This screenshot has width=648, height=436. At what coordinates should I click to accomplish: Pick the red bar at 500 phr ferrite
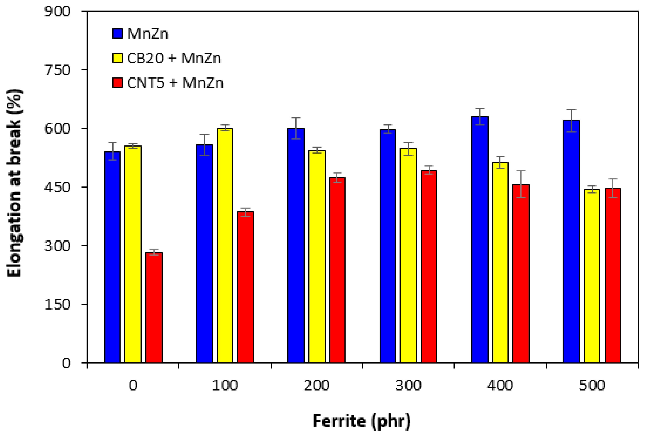tap(613, 275)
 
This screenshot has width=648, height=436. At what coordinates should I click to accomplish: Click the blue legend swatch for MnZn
tap(118, 33)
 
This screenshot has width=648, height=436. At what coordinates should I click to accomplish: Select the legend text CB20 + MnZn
tap(174, 58)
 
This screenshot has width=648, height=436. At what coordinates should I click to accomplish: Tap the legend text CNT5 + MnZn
tap(175, 83)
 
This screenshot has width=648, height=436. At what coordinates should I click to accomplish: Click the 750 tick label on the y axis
tap(57, 70)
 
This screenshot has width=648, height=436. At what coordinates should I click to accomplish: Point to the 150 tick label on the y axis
tap(57, 304)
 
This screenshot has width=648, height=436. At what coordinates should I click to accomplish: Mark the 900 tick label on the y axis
tap(57, 12)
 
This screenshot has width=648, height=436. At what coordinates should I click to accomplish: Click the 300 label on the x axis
tap(408, 386)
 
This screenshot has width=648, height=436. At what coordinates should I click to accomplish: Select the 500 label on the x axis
tap(592, 386)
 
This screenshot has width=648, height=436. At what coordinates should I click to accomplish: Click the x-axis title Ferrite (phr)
tap(362, 421)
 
